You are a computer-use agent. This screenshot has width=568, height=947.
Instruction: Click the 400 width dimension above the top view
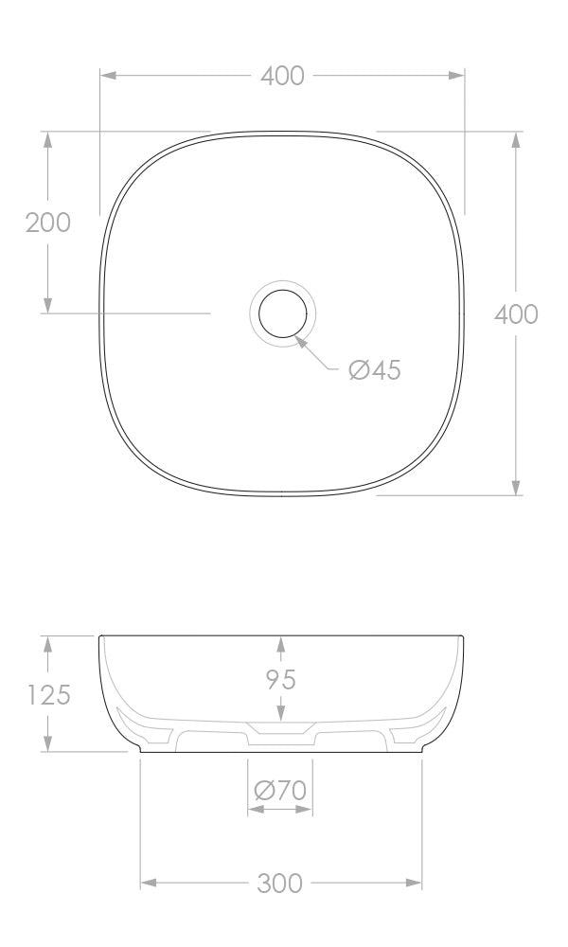tap(282, 76)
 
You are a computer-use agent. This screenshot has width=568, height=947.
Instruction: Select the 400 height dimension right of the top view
tap(516, 313)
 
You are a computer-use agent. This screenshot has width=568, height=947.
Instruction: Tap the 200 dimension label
tap(48, 223)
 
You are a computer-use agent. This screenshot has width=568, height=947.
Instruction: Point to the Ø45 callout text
tap(375, 370)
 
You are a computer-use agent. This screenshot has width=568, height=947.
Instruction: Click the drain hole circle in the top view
tap(281, 313)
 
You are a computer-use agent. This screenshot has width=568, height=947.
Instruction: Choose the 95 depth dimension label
tap(280, 679)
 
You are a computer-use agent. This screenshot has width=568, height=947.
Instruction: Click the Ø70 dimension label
tap(280, 789)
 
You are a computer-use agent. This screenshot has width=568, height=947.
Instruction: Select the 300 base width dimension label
tap(280, 884)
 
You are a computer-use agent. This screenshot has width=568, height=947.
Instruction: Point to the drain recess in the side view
tap(280, 731)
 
